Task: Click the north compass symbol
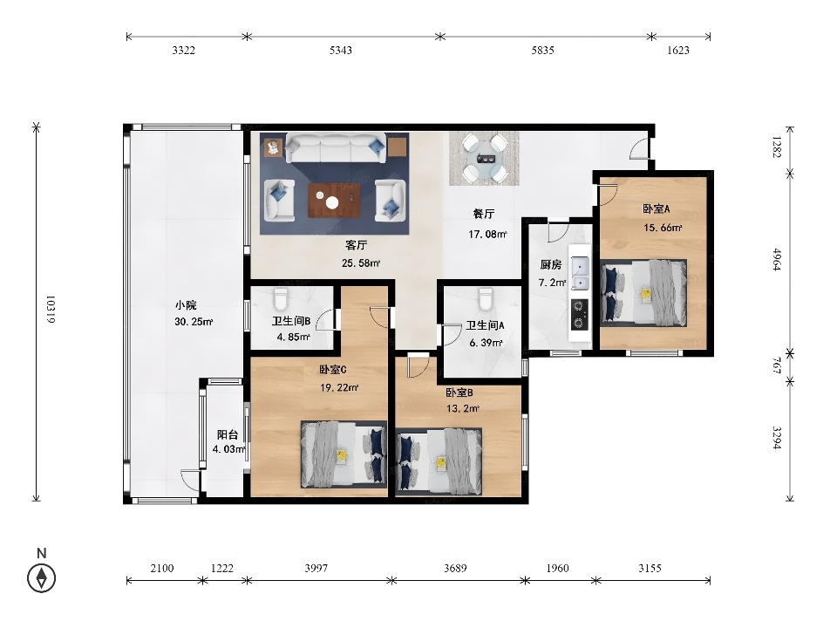coord(42,577)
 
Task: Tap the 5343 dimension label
coord(341,51)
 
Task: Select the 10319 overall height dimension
coord(51,309)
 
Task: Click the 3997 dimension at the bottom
coord(316,568)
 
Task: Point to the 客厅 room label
coord(356,245)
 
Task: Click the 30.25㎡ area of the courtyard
coord(194,322)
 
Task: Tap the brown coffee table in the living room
coord(334,201)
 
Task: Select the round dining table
coord(484,158)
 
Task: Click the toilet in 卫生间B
coord(280,299)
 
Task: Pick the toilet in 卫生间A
coord(486,299)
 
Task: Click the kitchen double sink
coord(579,273)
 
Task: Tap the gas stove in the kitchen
coord(579,315)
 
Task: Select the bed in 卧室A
coord(643,293)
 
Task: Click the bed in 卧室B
coord(439,461)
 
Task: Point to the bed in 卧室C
coord(344,454)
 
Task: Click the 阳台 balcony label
coord(228,434)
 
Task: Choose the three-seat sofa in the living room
coord(336,148)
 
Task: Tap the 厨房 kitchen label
coord(550,264)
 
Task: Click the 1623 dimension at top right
coord(678,51)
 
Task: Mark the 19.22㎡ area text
coord(339,387)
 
